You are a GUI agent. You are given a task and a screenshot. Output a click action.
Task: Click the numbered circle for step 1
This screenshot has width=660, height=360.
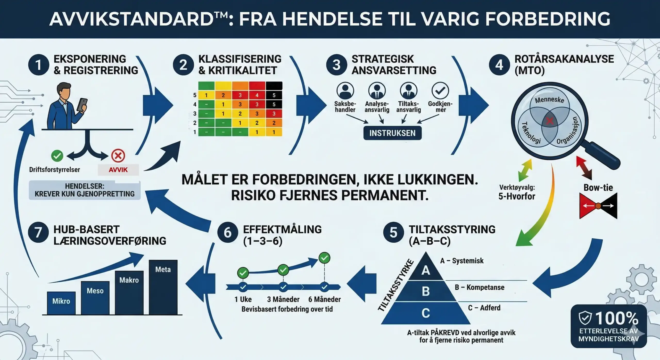point(38,65)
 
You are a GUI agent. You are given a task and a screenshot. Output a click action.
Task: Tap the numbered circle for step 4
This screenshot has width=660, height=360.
point(499,65)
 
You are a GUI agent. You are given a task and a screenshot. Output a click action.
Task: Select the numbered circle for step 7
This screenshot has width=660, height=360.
point(38,232)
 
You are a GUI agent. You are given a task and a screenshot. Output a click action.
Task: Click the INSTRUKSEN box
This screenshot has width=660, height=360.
point(392,133)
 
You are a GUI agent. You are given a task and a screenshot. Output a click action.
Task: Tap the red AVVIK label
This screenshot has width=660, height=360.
point(118,170)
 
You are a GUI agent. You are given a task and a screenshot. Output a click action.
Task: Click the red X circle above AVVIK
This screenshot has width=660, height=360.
point(118,156)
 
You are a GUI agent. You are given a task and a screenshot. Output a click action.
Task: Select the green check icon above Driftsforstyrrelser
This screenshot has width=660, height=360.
point(57,156)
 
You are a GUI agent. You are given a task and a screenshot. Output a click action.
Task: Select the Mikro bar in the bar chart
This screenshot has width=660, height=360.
point(61,303)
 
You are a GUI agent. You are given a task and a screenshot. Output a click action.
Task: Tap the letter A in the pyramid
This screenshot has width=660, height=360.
point(426,270)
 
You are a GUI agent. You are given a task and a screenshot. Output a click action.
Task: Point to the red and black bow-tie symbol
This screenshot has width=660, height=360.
point(598,206)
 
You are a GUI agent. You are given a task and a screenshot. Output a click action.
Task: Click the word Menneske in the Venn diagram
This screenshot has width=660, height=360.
point(549,100)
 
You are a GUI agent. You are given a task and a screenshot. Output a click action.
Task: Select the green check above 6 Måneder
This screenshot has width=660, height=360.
point(324,258)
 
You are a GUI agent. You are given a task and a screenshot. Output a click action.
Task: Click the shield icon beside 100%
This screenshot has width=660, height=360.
point(585,318)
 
